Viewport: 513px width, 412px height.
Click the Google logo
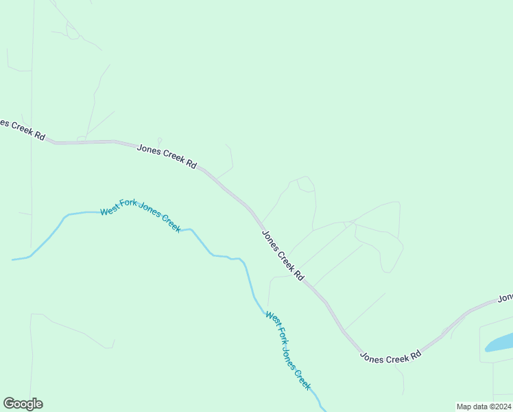coord(23,404)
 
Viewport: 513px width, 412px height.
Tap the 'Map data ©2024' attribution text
coord(484,406)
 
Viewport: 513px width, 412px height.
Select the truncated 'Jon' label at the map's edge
coord(505,298)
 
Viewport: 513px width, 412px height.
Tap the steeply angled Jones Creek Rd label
coord(283,255)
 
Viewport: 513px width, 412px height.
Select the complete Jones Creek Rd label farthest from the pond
coord(167,156)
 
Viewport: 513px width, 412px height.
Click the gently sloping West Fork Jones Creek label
coord(141,216)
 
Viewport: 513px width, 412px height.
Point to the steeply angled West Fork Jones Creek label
coord(289,351)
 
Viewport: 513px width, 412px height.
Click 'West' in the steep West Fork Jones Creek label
coord(272,319)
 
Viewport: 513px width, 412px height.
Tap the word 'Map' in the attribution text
coord(465,406)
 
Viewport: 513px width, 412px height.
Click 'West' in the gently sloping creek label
coord(110,211)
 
